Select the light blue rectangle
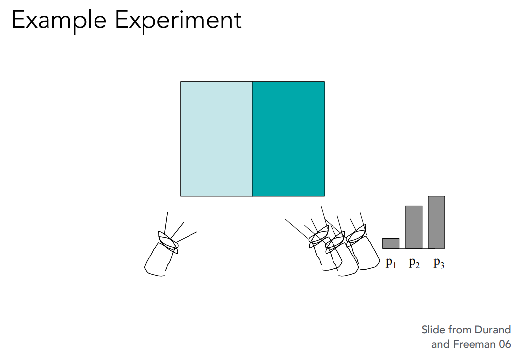tap(216, 139)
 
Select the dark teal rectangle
tap(288, 139)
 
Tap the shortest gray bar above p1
tap(390, 243)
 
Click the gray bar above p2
tap(414, 227)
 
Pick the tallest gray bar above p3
tap(436, 222)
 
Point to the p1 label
tap(391, 263)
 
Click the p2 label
tap(414, 263)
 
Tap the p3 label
tap(439, 263)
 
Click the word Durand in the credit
tap(493, 330)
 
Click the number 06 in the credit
tap(505, 344)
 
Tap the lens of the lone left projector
tap(168, 242)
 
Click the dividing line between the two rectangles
tap(252, 139)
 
